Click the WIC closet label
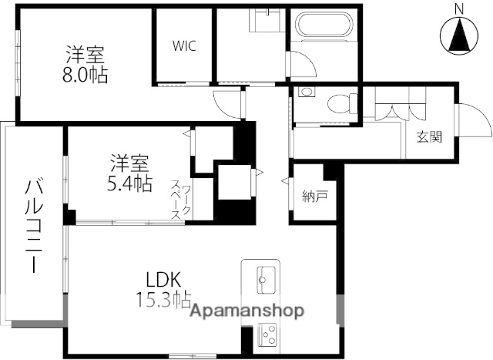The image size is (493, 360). [x=184, y=46]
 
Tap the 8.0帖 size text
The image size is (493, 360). [x=86, y=75]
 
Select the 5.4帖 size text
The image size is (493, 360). [x=129, y=183]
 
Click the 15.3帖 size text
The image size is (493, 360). [x=163, y=300]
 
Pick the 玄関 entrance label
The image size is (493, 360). [x=430, y=137]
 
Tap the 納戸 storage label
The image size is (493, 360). [x=315, y=197]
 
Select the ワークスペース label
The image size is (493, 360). [x=181, y=200]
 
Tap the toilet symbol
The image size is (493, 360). [x=342, y=103]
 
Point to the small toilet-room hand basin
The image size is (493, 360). [x=306, y=93]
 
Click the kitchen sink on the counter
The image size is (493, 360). [x=267, y=280]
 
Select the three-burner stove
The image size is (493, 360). [x=267, y=335]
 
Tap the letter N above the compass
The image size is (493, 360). [x=459, y=10]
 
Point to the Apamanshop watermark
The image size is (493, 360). [x=247, y=311]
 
